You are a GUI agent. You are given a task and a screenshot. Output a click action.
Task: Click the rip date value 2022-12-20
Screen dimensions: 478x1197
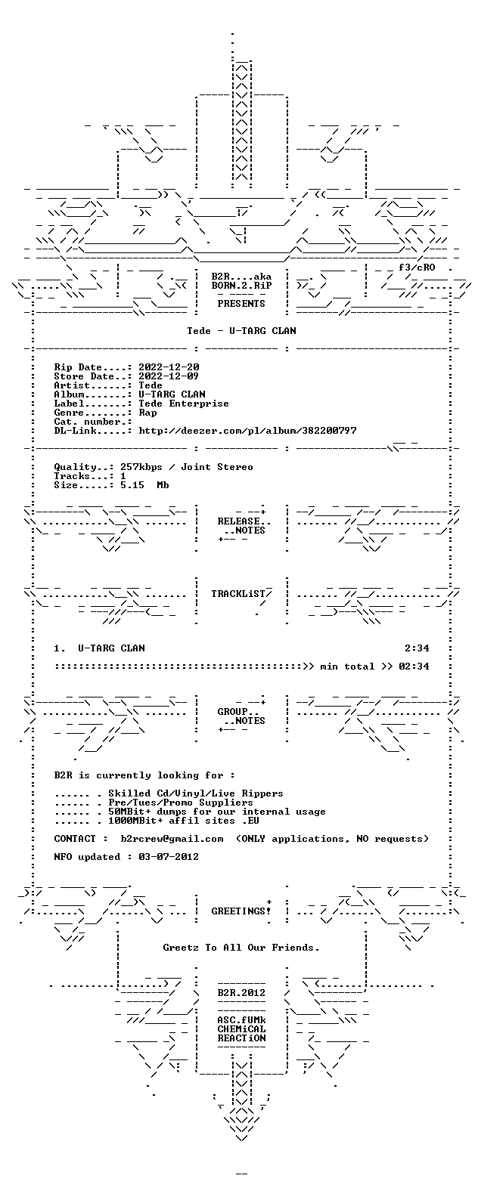pos(169,367)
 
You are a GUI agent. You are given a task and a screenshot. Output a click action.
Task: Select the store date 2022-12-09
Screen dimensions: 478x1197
pos(169,376)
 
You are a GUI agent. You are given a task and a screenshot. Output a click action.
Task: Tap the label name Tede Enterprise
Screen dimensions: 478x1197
pos(183,404)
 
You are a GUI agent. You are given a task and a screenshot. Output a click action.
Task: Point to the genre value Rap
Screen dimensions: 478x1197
pos(147,413)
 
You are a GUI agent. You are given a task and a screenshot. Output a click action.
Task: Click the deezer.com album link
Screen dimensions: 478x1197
pos(247,431)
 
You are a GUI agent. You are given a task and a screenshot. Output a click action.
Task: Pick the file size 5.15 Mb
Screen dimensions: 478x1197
pos(144,485)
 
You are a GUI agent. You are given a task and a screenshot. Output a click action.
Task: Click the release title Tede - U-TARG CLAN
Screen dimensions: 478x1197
pos(241,331)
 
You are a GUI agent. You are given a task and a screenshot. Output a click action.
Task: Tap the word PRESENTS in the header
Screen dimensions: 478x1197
pos(241,304)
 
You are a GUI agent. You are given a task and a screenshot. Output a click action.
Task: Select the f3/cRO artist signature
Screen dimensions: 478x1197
pos(417,268)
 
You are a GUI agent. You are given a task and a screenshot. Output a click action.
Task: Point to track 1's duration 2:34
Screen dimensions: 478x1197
pos(417,648)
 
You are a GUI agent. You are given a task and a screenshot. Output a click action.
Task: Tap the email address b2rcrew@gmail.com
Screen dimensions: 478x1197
pos(172,839)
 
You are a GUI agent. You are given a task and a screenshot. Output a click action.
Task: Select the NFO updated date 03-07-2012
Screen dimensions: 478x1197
pos(169,857)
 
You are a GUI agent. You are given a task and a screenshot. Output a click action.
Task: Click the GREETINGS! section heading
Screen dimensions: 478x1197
pos(241,911)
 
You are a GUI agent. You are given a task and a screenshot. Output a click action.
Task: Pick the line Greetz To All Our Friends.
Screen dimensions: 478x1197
pos(241,948)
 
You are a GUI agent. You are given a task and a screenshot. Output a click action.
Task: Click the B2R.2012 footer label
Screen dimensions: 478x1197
pos(241,993)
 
